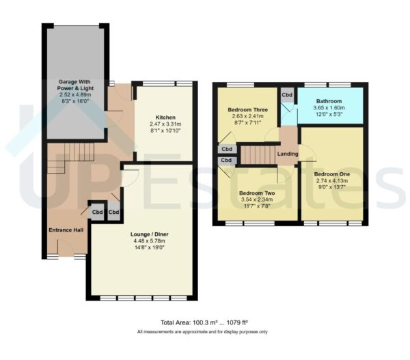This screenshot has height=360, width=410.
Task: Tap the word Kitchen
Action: (165, 117)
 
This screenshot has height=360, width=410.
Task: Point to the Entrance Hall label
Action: (66, 230)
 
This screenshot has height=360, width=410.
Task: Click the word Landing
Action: (287, 154)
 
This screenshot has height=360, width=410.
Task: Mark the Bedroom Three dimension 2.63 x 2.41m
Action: (247, 116)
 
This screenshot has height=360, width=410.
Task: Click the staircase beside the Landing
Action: (258, 154)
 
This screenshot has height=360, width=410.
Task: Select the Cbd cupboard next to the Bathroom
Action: (288, 96)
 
